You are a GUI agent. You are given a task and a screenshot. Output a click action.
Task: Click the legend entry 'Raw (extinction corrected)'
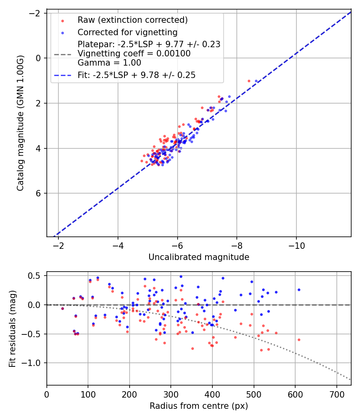point(132,20)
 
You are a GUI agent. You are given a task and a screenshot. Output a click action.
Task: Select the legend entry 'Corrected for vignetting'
point(127,32)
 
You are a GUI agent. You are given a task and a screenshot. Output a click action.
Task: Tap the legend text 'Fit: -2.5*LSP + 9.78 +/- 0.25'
point(136,75)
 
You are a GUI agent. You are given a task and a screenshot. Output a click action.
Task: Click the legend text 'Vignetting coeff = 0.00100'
point(134,54)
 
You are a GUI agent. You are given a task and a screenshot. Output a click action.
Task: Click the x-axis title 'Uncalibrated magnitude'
point(199,257)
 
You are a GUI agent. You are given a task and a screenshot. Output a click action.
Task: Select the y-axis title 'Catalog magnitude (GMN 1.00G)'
point(20,123)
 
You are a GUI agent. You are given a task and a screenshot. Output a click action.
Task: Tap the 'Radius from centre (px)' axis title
point(199,406)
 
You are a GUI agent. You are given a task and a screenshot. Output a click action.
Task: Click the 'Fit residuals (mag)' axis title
point(12,328)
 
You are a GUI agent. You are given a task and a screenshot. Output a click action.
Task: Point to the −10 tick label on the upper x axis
point(296,245)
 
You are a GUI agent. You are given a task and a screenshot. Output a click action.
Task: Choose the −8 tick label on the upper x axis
point(237,245)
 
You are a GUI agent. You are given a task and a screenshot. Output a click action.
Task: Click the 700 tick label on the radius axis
point(336,394)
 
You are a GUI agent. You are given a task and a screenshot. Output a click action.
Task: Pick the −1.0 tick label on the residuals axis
point(33,363)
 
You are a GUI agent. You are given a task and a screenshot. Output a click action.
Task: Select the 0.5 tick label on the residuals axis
point(36,276)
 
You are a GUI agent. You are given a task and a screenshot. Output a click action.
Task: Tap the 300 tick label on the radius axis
point(171,394)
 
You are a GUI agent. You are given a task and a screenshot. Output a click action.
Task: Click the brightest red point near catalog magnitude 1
point(249,81)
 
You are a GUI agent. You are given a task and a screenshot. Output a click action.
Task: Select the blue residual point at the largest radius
point(299,290)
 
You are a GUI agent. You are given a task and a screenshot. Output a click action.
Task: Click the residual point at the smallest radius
point(62,308)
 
